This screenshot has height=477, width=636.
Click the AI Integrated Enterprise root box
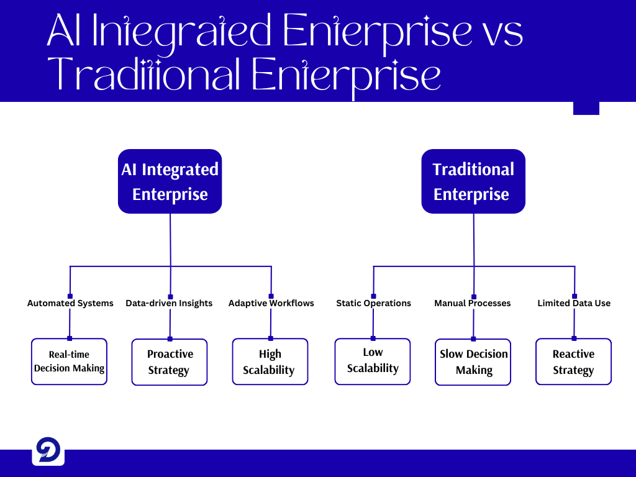pyautogui.click(x=170, y=181)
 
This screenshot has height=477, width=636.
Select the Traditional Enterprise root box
pyautogui.click(x=473, y=181)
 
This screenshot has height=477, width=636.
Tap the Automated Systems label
pyautogui.click(x=70, y=303)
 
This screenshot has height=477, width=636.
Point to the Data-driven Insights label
pyautogui.click(x=169, y=303)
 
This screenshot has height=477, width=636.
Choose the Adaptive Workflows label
pyautogui.click(x=271, y=303)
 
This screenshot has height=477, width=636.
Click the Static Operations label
pyautogui.click(x=373, y=303)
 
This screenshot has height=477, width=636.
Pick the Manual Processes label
pyautogui.click(x=472, y=303)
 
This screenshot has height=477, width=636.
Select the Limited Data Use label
pyautogui.click(x=574, y=303)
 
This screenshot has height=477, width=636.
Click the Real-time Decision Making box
pyautogui.click(x=69, y=362)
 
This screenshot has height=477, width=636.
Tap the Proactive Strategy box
pyautogui.click(x=170, y=362)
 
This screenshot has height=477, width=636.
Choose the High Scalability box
pyautogui.click(x=270, y=362)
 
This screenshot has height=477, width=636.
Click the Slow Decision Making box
pyautogui.click(x=473, y=362)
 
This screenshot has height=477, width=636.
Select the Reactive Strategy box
pyautogui.click(x=573, y=362)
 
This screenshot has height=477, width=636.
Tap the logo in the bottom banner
pyautogui.click(x=48, y=450)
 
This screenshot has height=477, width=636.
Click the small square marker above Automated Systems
pyautogui.click(x=70, y=296)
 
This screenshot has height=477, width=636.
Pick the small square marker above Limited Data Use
pyautogui.click(x=575, y=296)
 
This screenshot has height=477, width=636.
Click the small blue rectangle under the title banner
pyautogui.click(x=586, y=108)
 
